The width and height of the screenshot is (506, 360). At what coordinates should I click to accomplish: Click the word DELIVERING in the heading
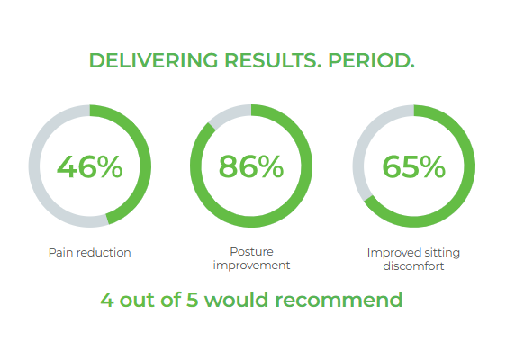154,60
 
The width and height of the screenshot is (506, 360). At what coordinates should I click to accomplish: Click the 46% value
90,166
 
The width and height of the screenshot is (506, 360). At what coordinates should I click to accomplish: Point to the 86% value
251,166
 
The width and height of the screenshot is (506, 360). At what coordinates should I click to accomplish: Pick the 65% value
413,166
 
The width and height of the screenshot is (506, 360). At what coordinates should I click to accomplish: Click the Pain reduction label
90,252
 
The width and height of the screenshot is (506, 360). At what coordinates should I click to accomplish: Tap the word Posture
252,252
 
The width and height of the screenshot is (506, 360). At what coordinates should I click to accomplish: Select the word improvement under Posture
251,265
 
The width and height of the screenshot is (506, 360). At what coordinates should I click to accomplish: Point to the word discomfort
413,266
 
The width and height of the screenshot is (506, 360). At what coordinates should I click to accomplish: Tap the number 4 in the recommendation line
107,300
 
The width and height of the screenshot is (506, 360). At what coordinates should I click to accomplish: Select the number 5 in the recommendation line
192,300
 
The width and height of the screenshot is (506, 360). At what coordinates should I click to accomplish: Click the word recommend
339,300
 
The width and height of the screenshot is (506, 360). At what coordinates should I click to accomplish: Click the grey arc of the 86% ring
229,114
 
